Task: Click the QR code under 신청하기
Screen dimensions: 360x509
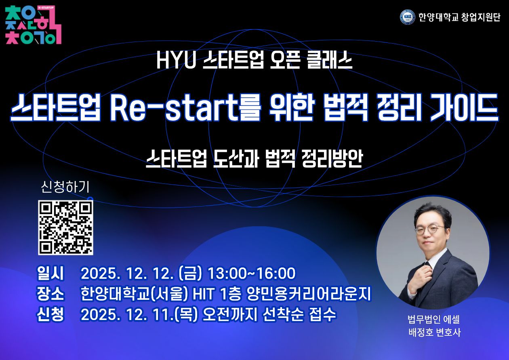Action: [x=65, y=227]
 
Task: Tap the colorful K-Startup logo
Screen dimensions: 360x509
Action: [x=33, y=25]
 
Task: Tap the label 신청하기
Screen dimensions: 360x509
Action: [x=65, y=187]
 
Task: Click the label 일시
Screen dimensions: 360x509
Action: [x=50, y=274]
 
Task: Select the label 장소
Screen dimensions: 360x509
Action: [x=50, y=294]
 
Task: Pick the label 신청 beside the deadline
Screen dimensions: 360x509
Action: [x=50, y=315]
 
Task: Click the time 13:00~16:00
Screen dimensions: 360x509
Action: [x=251, y=274]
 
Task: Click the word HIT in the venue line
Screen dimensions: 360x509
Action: [x=205, y=295]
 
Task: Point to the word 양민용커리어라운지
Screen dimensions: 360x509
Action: [x=308, y=295]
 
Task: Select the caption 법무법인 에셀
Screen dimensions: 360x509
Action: [x=433, y=321]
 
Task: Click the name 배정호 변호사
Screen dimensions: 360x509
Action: [x=433, y=333]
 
